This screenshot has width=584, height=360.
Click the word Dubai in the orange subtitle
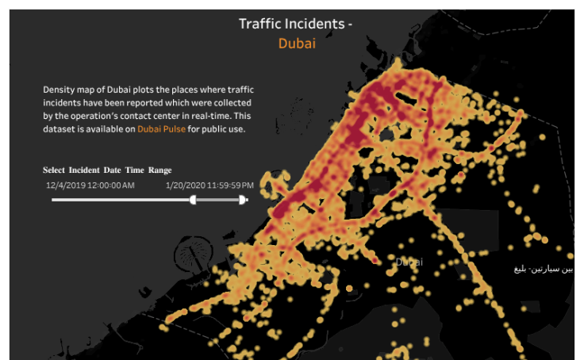click(297, 44)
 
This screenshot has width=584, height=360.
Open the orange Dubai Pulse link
click(161, 128)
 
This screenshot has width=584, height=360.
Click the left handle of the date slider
click(193, 200)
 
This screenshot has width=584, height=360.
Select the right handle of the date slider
click(243, 200)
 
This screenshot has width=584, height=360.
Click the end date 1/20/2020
click(184, 186)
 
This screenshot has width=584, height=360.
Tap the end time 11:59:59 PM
click(229, 186)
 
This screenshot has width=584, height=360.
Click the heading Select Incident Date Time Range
click(107, 170)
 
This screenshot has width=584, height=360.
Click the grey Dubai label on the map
click(409, 262)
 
